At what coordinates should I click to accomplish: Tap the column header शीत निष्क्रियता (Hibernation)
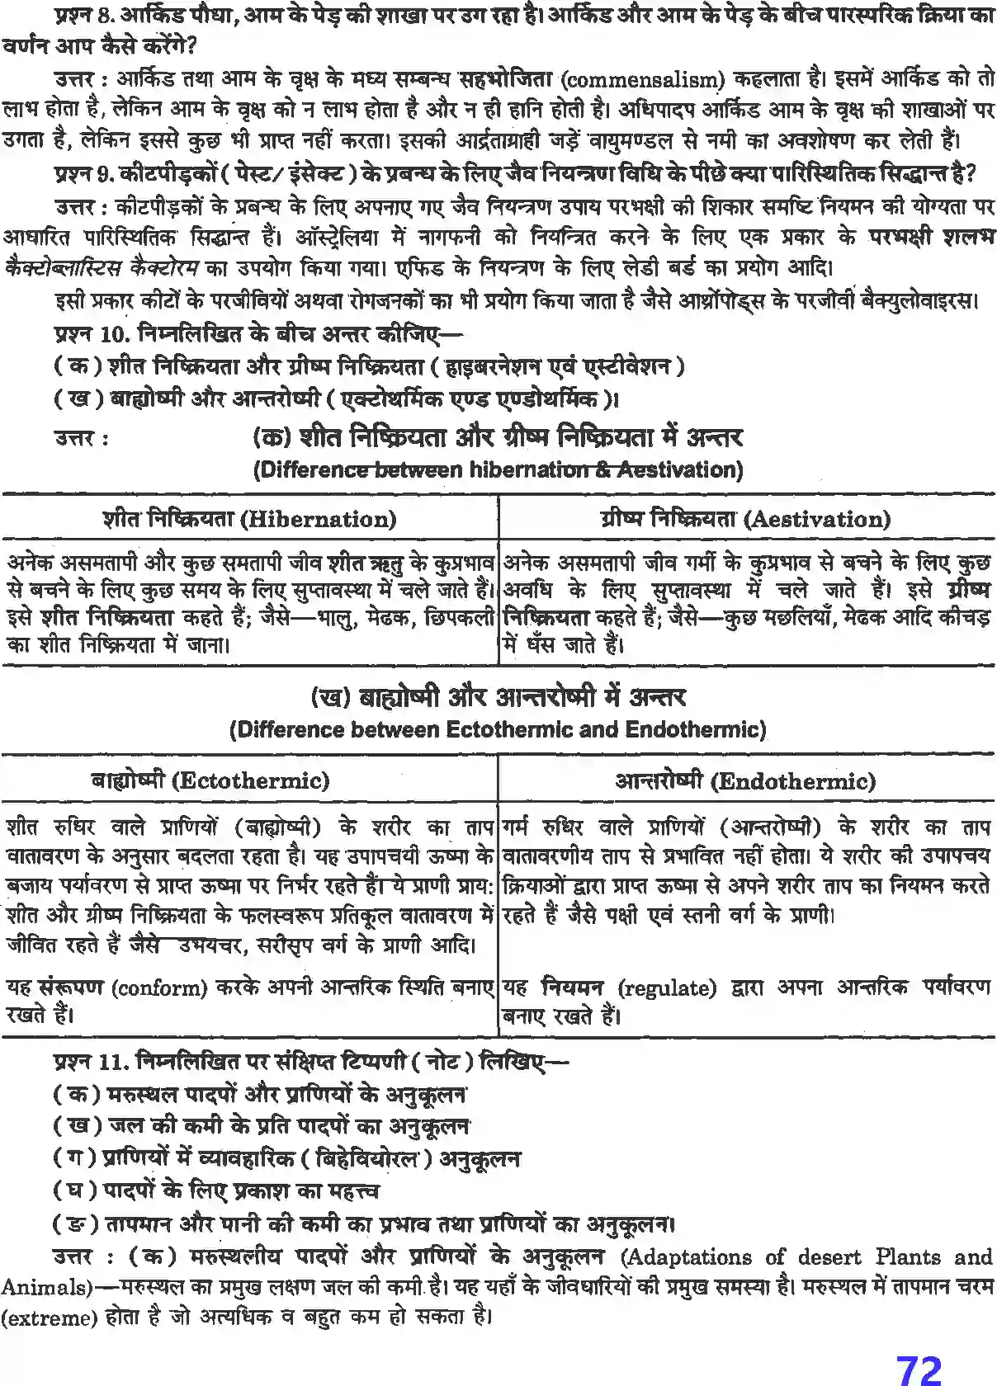[x=249, y=519]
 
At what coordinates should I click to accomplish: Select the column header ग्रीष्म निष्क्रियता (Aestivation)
[x=745, y=519]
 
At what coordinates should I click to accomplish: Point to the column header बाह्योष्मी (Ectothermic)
[x=210, y=780]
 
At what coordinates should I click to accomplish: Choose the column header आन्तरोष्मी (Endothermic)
[x=745, y=780]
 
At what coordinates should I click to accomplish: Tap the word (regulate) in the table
[x=667, y=988]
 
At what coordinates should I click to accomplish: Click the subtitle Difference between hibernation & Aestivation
[x=498, y=470]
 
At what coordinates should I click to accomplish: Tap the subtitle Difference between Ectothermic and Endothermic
[x=498, y=730]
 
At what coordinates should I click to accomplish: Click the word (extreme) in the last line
[x=48, y=1318]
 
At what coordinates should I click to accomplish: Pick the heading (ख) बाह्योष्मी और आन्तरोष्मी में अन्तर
[x=498, y=697]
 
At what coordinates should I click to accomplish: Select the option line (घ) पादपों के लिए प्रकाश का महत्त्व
[x=216, y=1191]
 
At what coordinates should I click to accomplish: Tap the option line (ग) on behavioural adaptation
[x=286, y=1159]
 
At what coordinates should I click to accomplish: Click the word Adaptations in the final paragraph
[x=687, y=1257]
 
